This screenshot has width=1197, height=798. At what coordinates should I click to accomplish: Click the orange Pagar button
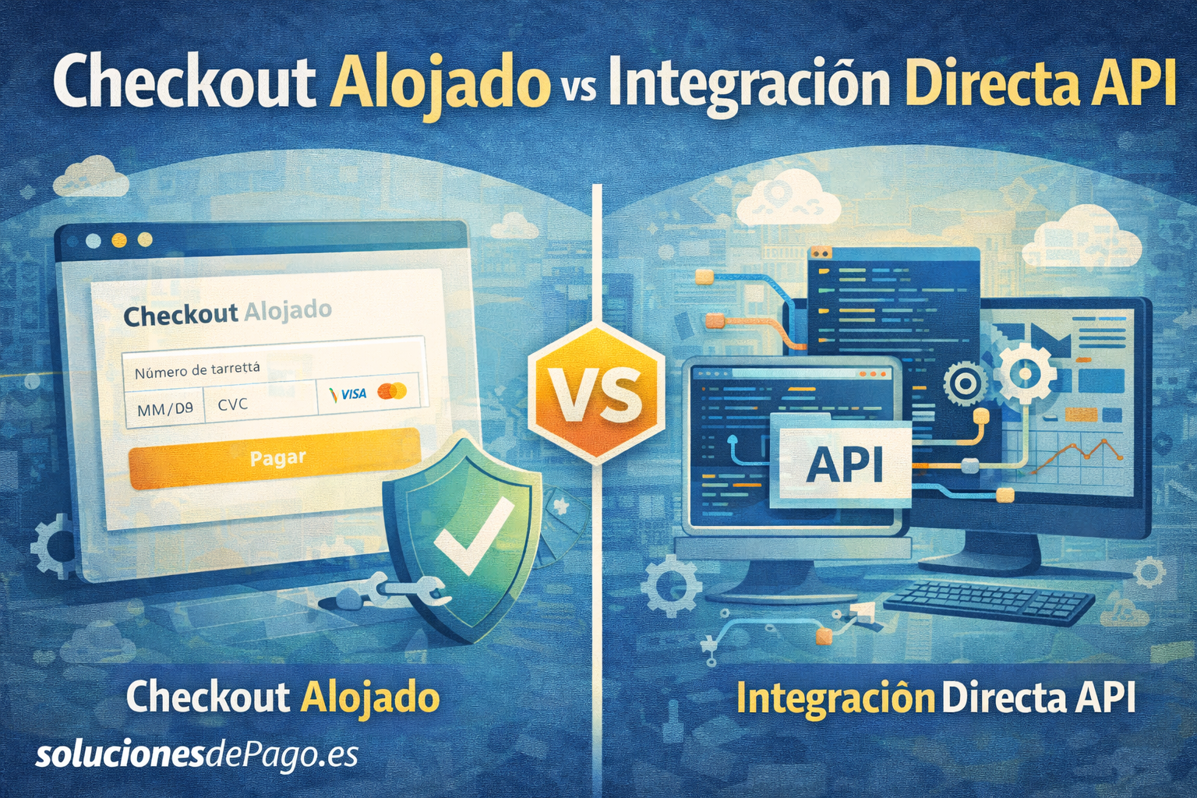(x=274, y=457)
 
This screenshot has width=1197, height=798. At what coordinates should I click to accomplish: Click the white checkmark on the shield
(x=471, y=538)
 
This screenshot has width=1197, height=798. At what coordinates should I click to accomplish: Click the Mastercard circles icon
(x=392, y=391)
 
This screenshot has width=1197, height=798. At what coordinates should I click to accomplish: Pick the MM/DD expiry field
(x=165, y=408)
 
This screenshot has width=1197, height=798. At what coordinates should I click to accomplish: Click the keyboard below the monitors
(x=990, y=602)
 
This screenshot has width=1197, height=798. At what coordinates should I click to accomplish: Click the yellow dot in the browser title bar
(x=119, y=241)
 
